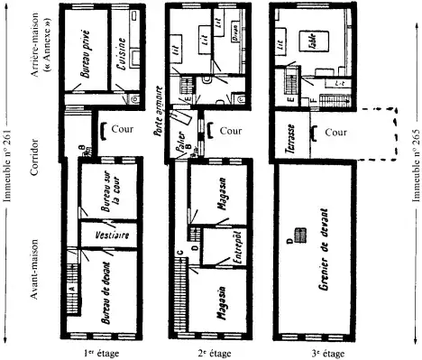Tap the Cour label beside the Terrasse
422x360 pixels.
334,131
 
